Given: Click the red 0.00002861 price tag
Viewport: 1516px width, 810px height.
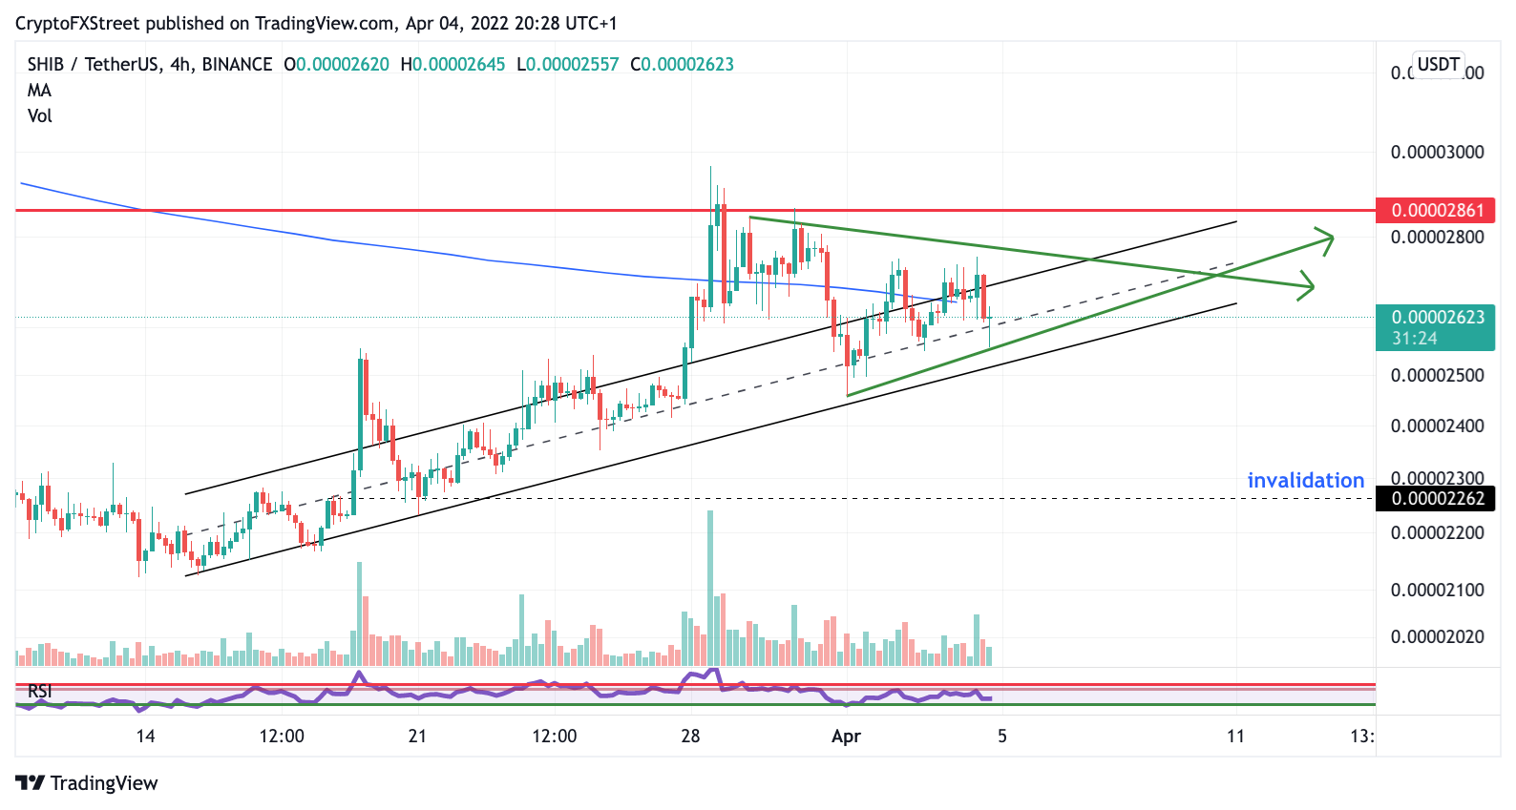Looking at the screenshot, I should (x=1436, y=210).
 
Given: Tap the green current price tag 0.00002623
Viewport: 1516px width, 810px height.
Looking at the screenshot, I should (x=1436, y=318).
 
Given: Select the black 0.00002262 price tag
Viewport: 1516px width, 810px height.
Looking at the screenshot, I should (x=1436, y=498).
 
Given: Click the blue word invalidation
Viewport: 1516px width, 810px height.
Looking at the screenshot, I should (x=1305, y=480).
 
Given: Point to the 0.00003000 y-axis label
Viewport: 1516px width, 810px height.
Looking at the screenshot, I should (x=1437, y=152).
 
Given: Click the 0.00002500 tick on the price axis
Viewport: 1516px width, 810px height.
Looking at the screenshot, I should (x=1437, y=375).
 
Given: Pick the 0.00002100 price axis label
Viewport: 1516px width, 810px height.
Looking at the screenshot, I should (x=1437, y=590).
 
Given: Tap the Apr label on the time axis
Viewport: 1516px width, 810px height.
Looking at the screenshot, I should (x=846, y=736).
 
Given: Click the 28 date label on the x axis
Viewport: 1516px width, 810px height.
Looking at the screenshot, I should (x=690, y=736).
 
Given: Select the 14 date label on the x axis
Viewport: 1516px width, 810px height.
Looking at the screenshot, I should (x=145, y=736).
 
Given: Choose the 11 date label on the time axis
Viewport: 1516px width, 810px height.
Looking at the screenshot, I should (x=1235, y=736).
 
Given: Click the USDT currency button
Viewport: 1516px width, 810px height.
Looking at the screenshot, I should (x=1438, y=64).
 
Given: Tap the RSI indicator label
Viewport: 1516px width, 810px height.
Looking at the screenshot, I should (x=40, y=691).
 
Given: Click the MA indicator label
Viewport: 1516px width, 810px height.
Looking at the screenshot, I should (x=39, y=90).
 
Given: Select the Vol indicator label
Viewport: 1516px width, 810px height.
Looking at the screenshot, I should (x=39, y=115).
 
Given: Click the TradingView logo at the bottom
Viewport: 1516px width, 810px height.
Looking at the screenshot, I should (x=87, y=782).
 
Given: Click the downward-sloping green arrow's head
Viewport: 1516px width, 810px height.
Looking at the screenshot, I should (x=1309, y=285).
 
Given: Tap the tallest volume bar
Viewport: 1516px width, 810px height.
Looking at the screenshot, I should (x=710, y=588).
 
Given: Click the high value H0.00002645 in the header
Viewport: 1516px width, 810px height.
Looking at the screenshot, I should (x=453, y=64).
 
